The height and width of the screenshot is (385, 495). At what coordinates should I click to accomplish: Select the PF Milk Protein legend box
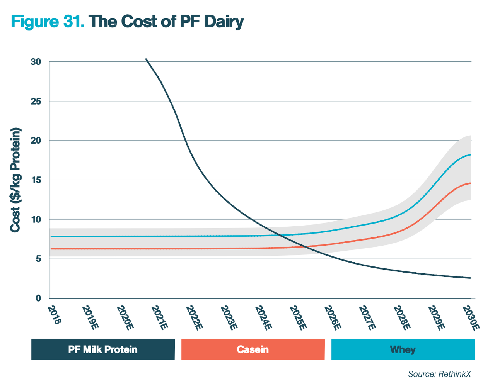(x=103, y=349)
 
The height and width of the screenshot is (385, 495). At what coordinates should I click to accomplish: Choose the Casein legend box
(x=253, y=349)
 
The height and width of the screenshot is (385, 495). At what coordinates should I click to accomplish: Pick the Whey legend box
(x=403, y=349)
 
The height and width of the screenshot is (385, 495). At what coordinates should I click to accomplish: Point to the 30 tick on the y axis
(x=36, y=62)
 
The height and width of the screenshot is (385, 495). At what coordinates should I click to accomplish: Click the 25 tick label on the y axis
(x=36, y=101)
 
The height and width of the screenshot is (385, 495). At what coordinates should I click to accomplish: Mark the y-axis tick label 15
(x=36, y=180)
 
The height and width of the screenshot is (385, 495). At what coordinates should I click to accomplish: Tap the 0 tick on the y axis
(x=38, y=298)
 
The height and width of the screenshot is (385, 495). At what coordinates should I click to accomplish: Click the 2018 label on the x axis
(x=55, y=315)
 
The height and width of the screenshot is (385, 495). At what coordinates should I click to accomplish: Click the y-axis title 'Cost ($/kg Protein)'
(x=15, y=180)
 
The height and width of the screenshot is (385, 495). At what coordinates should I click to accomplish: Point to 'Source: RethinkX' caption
(x=440, y=374)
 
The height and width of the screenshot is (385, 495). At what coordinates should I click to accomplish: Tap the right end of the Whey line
(x=470, y=155)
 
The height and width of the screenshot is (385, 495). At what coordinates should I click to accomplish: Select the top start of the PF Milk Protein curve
(x=146, y=59)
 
